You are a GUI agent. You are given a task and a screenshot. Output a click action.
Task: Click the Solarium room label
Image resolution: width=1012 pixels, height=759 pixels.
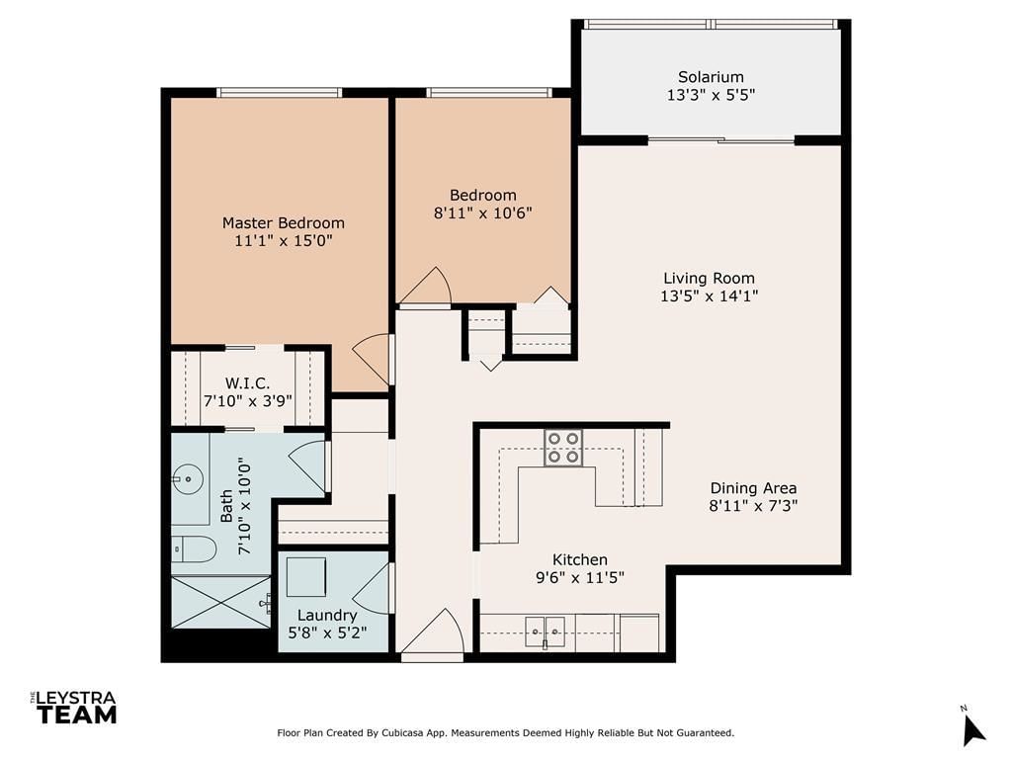(x=711, y=77)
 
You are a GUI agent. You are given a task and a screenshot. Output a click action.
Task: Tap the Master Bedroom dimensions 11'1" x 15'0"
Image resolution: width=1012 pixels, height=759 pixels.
(x=284, y=241)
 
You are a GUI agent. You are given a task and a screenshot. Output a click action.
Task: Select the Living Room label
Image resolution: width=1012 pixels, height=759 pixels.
(x=709, y=278)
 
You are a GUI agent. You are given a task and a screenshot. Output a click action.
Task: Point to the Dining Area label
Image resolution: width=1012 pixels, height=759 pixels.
(x=753, y=488)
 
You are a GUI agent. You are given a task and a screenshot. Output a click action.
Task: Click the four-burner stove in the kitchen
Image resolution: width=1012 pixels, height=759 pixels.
(x=563, y=448)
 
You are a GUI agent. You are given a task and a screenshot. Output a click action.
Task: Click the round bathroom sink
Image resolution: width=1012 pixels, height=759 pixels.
(x=188, y=479)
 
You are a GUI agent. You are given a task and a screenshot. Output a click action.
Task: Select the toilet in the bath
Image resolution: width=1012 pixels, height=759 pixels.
(x=193, y=549)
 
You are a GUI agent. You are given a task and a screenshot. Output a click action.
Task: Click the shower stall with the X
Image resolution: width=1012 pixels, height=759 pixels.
(x=220, y=602)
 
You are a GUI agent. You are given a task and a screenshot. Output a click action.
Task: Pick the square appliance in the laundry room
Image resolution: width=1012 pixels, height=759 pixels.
(x=306, y=577)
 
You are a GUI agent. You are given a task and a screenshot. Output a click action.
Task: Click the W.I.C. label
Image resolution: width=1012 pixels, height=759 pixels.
(x=247, y=383)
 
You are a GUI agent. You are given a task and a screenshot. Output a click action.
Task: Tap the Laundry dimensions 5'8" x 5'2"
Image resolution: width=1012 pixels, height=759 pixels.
(x=327, y=632)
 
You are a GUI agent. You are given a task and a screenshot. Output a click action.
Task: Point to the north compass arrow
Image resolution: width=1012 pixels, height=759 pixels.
(x=972, y=729)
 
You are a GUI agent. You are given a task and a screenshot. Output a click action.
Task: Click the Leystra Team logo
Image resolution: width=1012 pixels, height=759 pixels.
(x=73, y=708)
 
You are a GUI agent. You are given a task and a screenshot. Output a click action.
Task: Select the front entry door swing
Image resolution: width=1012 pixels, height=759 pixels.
(x=433, y=633)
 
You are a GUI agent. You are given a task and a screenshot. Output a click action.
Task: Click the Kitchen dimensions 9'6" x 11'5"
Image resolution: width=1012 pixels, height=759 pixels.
(x=580, y=577)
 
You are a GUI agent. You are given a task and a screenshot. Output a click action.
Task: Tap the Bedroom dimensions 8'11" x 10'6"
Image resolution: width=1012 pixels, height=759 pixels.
(x=482, y=213)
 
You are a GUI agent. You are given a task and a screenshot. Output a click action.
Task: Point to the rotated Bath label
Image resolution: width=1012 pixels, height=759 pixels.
(x=226, y=506)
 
